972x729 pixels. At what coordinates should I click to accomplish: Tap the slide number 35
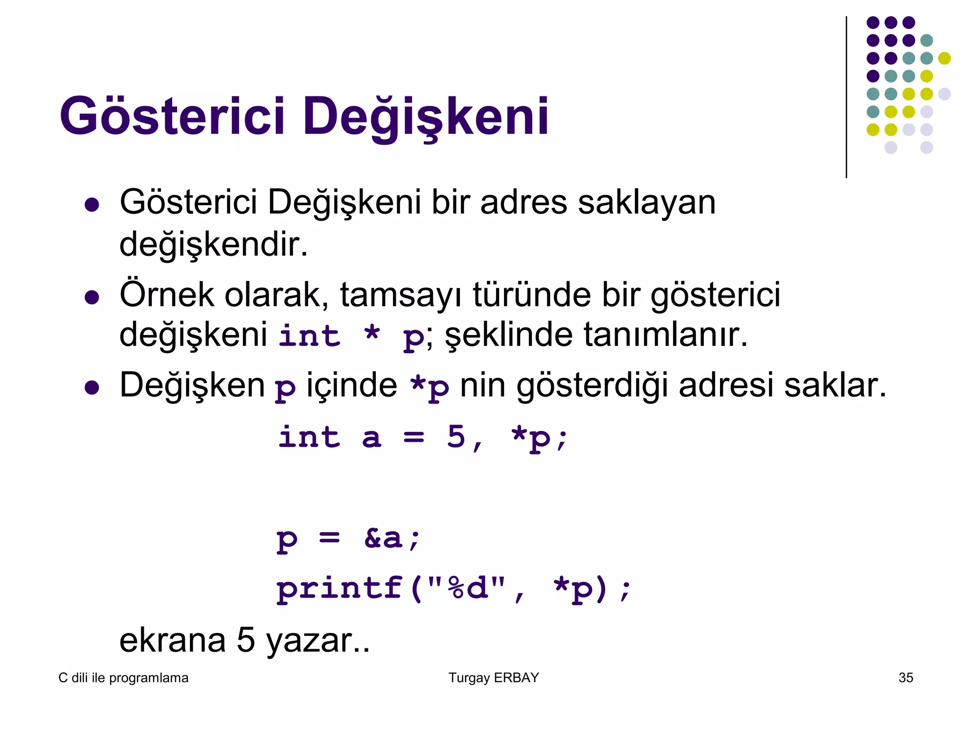[906, 678]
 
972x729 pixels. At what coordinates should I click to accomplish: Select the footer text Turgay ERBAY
[494, 678]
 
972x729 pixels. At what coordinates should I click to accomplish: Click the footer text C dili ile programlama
[123, 678]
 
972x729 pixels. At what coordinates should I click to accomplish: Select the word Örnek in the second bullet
[167, 295]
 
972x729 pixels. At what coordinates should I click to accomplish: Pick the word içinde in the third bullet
[352, 385]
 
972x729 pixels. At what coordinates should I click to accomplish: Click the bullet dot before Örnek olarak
[92, 298]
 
